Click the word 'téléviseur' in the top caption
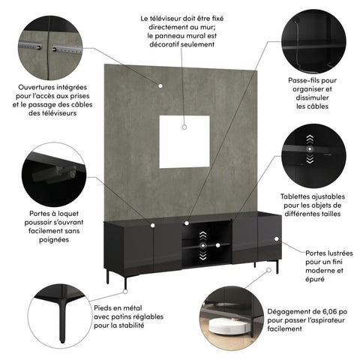(190, 16)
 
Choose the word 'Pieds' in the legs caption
(107, 307)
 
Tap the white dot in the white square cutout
(184, 127)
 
